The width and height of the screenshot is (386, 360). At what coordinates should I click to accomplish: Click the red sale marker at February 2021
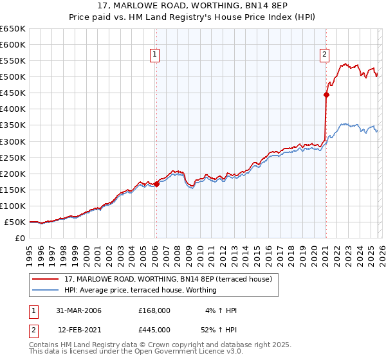pyautogui.click(x=326, y=94)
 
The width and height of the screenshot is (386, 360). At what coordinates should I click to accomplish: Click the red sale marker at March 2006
pyautogui.click(x=156, y=184)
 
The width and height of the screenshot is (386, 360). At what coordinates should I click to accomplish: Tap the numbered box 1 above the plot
pyautogui.click(x=156, y=55)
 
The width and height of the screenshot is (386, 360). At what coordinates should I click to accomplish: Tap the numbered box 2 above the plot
pyautogui.click(x=325, y=55)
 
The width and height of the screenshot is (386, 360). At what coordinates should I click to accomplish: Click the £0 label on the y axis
pyautogui.click(x=20, y=238)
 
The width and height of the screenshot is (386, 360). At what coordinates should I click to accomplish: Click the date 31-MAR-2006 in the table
pyautogui.click(x=78, y=310)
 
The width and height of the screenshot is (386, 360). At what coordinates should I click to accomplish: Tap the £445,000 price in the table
pyautogui.click(x=154, y=329)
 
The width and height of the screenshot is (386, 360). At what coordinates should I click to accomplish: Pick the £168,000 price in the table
pyautogui.click(x=154, y=310)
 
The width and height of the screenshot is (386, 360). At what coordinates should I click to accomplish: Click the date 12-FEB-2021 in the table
pyautogui.click(x=78, y=329)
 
